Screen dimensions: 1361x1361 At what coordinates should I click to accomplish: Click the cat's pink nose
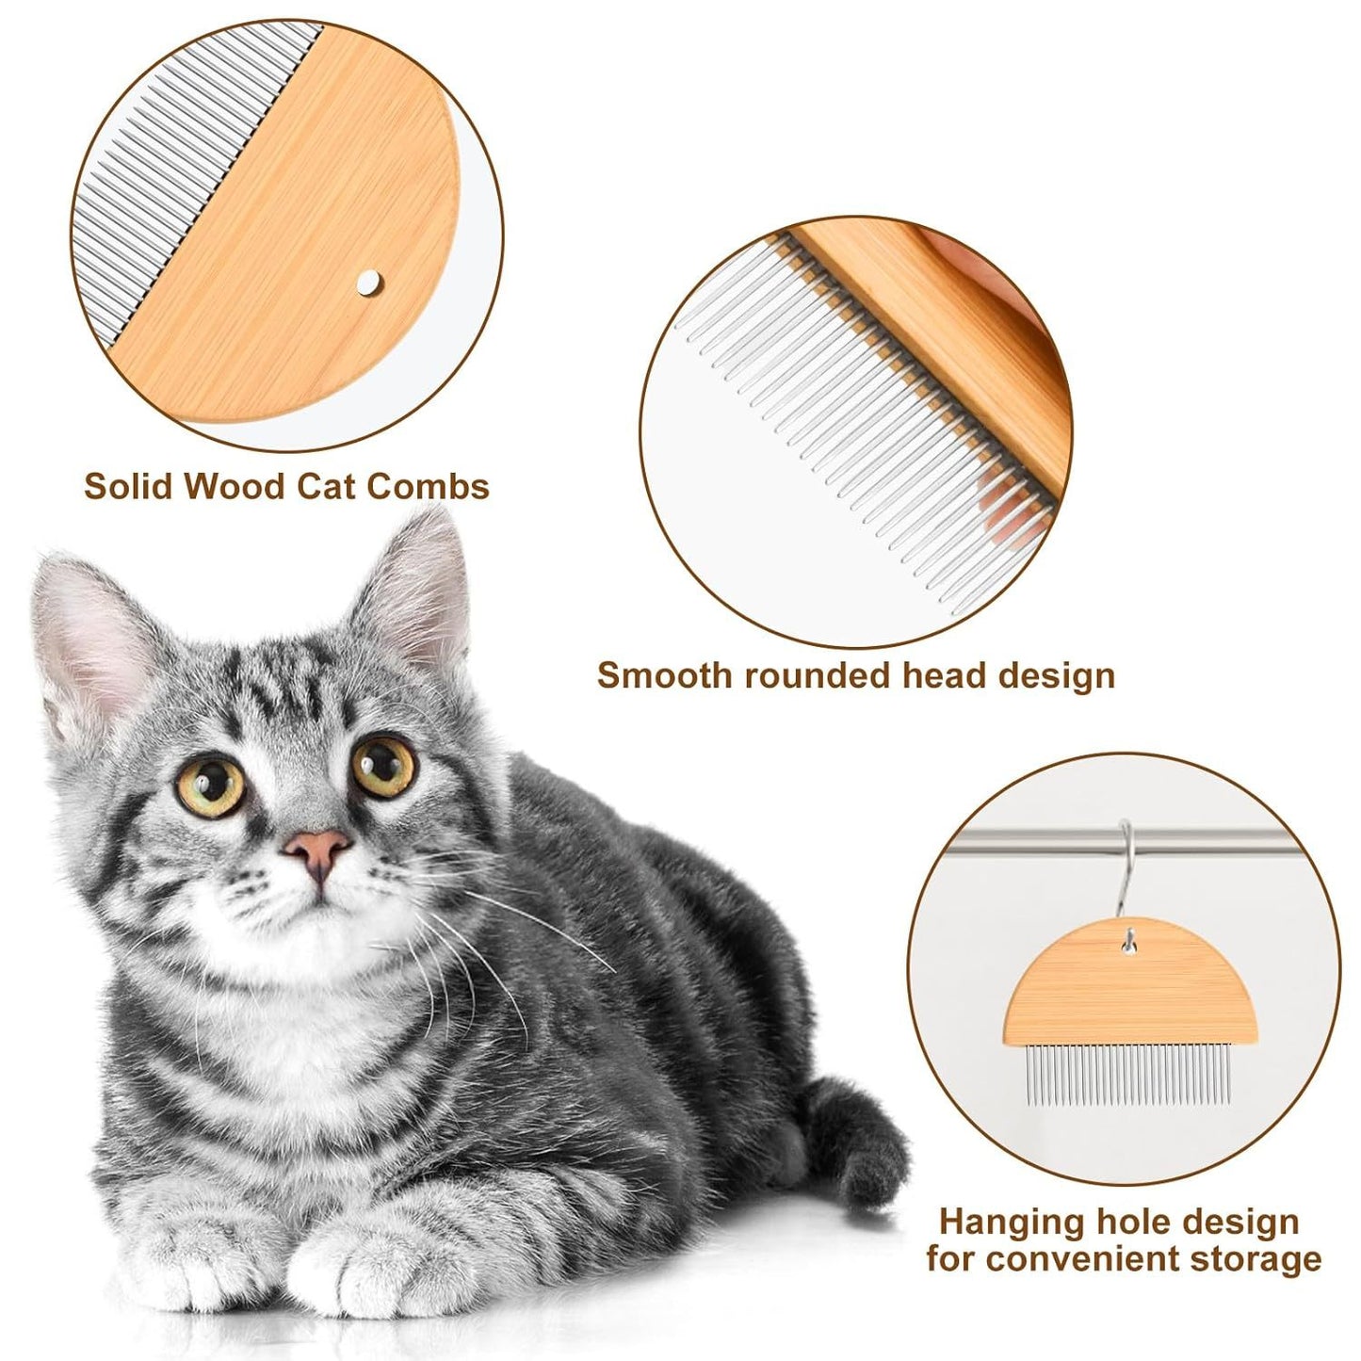point(318,848)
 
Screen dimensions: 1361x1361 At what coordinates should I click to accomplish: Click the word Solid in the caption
point(128,487)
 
